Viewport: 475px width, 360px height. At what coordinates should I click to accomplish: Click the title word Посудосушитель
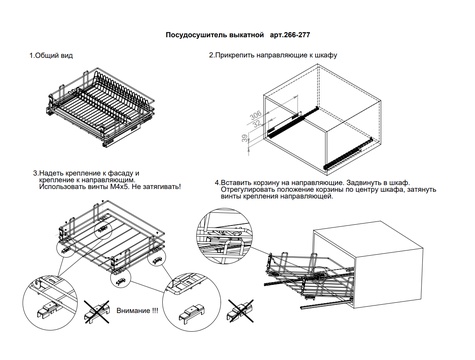(x=198, y=35)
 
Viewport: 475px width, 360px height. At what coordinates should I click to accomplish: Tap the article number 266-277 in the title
(x=296, y=35)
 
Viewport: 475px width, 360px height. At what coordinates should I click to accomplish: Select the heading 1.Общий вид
(x=51, y=55)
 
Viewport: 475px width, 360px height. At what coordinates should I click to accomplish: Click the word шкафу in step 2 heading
(x=325, y=55)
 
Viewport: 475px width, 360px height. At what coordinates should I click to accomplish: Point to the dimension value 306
(x=256, y=115)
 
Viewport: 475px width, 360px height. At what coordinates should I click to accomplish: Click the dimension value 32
(x=257, y=123)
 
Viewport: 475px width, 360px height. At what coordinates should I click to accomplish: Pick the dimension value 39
(x=245, y=138)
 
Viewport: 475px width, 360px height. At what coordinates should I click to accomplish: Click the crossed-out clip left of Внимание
(x=97, y=312)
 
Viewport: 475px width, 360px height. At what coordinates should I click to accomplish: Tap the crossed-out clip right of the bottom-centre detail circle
(x=240, y=311)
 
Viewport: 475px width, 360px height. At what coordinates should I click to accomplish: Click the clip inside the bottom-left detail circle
(x=47, y=309)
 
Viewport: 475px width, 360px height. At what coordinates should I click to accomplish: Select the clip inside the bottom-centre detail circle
(x=192, y=311)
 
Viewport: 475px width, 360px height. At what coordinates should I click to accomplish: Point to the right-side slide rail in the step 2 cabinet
(x=348, y=153)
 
